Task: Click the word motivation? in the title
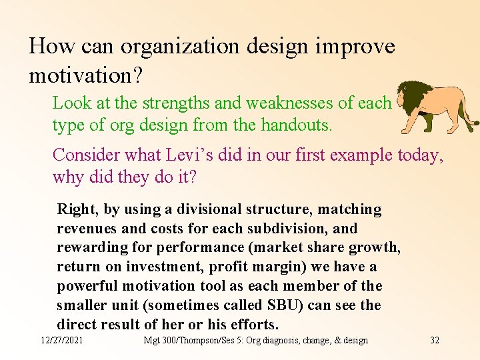(85, 75)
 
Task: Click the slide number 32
(435, 341)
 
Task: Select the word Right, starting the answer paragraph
(78, 209)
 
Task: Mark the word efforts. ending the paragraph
(253, 325)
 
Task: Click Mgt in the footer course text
(151, 341)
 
